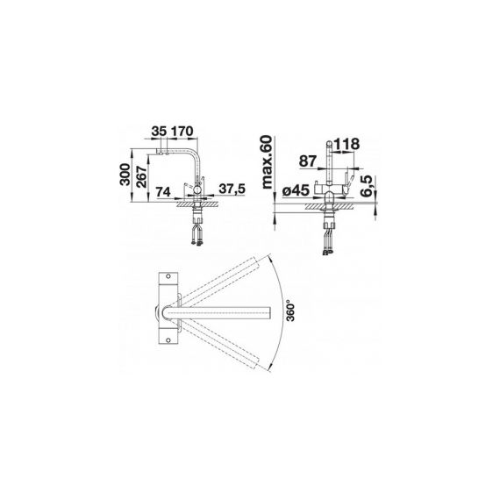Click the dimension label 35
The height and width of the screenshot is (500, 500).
click(159, 131)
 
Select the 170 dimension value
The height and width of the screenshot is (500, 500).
click(182, 131)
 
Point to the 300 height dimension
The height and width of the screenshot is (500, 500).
click(125, 174)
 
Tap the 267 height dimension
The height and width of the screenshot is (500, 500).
click(142, 176)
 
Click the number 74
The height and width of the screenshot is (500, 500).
click(163, 192)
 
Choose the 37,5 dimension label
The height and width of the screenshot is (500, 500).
click(232, 189)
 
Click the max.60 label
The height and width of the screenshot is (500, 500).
click(267, 162)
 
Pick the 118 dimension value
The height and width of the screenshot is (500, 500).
click(346, 144)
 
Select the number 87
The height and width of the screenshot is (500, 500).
click(308, 161)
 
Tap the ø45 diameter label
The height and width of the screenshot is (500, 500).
click(296, 190)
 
